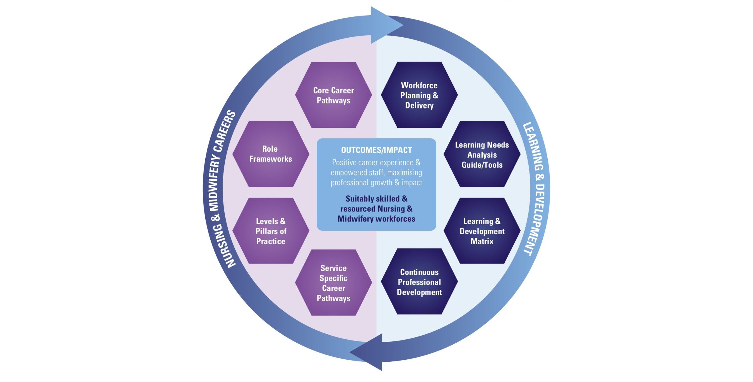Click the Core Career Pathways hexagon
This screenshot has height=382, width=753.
[333, 95]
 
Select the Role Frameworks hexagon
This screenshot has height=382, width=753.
[271, 154]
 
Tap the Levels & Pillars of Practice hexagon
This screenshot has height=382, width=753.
[271, 231]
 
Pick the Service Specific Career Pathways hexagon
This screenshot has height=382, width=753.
[333, 283]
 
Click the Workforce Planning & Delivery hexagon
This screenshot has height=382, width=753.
[419, 95]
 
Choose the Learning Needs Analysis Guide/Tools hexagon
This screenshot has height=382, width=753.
[482, 155]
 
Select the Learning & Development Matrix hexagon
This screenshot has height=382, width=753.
[482, 231]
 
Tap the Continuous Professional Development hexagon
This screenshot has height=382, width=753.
[419, 282]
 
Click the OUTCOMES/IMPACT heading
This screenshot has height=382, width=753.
[376, 150]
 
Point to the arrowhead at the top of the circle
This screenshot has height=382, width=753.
[385, 25]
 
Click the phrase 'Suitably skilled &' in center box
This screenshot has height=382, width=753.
[376, 199]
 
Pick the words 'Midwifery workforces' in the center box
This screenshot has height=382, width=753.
[376, 219]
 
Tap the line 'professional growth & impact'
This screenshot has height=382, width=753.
[376, 183]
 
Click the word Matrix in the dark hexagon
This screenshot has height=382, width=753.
[482, 242]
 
